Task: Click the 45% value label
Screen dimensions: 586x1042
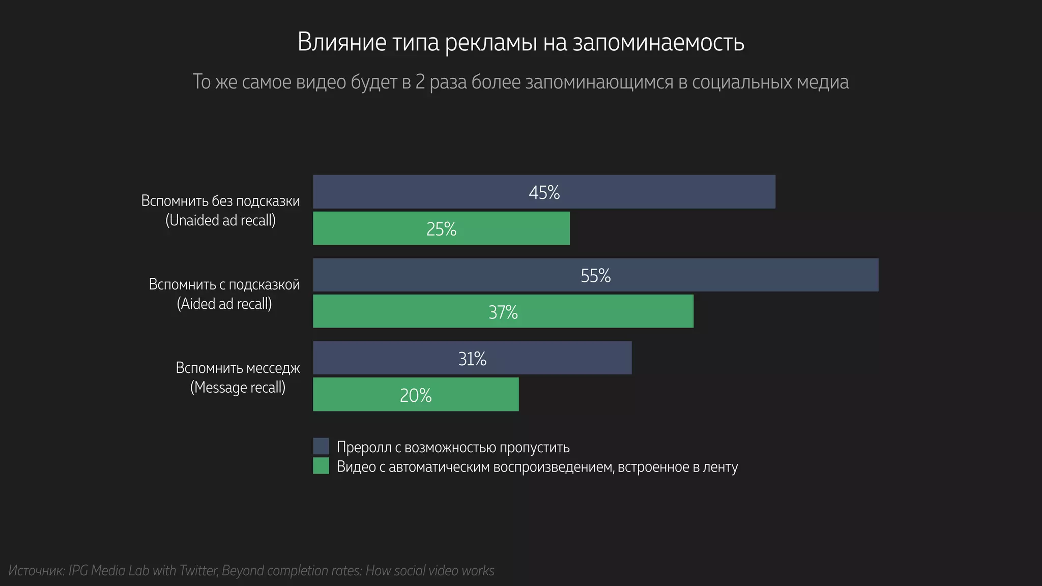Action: click(544, 192)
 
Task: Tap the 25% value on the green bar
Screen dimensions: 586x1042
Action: click(441, 229)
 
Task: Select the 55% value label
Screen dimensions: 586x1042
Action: click(595, 276)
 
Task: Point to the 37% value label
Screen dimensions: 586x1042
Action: click(503, 312)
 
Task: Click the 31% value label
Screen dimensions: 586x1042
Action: click(472, 359)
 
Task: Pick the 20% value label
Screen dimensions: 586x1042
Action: click(415, 395)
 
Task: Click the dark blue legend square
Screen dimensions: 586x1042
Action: click(321, 446)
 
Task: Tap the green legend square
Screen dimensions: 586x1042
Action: click(321, 466)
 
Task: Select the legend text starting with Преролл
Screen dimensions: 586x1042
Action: click(453, 447)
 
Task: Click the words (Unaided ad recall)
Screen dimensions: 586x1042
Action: click(220, 220)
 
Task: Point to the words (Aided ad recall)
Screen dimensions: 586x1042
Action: click(224, 304)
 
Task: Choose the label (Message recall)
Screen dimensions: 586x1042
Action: click(238, 387)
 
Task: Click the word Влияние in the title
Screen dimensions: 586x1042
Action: click(342, 42)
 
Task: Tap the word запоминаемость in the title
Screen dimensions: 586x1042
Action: click(658, 42)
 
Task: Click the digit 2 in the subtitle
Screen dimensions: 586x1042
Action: click(420, 82)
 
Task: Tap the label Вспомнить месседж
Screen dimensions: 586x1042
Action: click(238, 368)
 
